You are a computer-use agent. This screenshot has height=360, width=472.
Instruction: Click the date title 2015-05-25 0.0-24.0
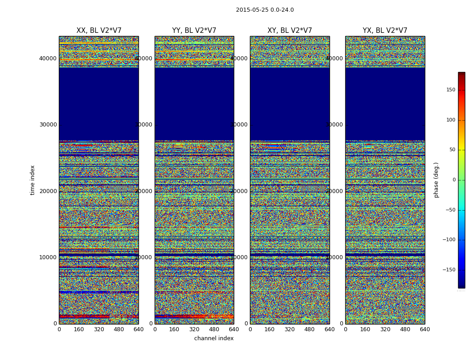pyautogui.click(x=265, y=10)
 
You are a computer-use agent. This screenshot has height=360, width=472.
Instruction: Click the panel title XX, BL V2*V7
pyautogui.click(x=99, y=31)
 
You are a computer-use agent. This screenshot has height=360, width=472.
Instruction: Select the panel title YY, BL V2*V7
pyautogui.click(x=194, y=31)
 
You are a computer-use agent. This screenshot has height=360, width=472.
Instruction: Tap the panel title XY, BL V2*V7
pyautogui.click(x=289, y=31)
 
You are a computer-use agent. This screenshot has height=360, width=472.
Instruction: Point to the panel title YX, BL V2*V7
pyautogui.click(x=385, y=31)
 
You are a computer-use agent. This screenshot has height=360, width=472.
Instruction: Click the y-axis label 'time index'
pyautogui.click(x=32, y=180)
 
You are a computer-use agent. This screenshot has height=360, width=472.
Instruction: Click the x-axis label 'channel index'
pyautogui.click(x=214, y=338)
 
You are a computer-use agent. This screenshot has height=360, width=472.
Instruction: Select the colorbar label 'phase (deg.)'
pyautogui.click(x=436, y=180)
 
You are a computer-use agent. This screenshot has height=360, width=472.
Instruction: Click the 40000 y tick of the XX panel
pyautogui.click(x=48, y=58)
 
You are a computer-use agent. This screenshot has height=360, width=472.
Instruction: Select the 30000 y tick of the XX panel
pyautogui.click(x=48, y=125)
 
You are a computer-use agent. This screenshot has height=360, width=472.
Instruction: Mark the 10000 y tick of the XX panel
pyautogui.click(x=48, y=257)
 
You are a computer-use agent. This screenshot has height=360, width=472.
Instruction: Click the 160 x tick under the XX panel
pyautogui.click(x=79, y=329)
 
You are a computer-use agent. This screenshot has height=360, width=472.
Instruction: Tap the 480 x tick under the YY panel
pyautogui.click(x=214, y=329)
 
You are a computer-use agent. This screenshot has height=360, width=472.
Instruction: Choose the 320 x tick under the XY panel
pyautogui.click(x=289, y=329)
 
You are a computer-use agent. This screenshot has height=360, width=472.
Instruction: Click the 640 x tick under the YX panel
pyautogui.click(x=425, y=329)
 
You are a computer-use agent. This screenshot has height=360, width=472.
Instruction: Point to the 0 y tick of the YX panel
pyautogui.click(x=341, y=324)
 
